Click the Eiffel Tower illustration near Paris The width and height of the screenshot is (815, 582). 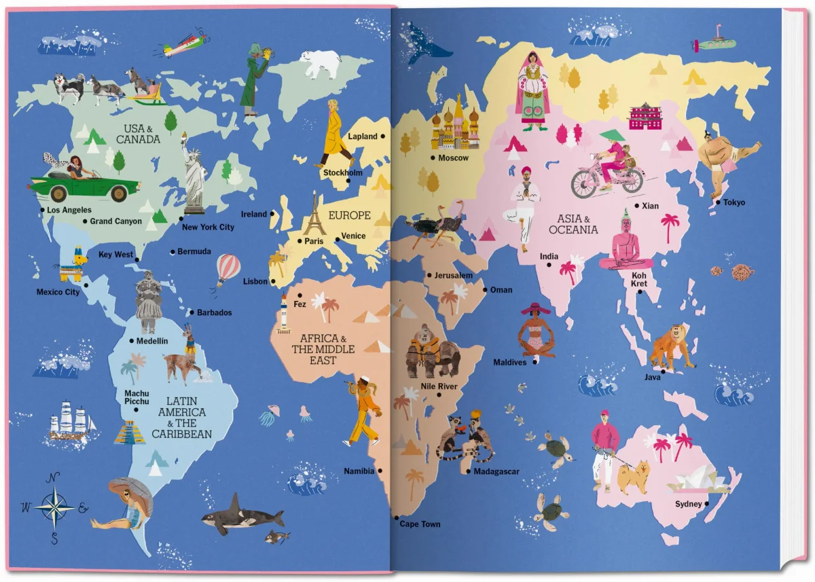coord(314,215)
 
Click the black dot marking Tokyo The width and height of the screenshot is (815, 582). coord(718,202)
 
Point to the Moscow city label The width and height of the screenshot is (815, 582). coord(453,158)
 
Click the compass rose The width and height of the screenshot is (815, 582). coord(54,506)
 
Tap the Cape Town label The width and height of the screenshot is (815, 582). coord(420,524)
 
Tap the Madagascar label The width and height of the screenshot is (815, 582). coord(496,471)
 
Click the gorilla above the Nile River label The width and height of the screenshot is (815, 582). coord(431,352)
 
